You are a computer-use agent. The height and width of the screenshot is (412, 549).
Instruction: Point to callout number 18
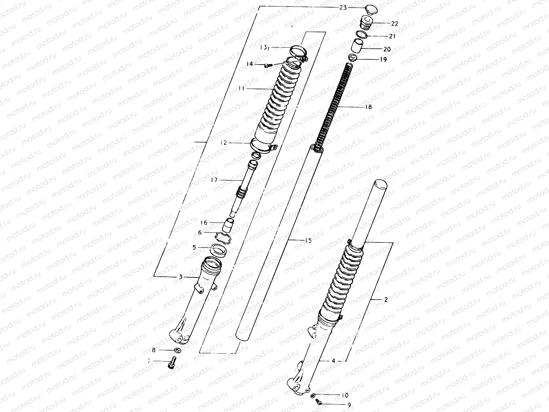[368, 107]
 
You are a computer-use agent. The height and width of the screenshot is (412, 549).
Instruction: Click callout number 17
[214, 179]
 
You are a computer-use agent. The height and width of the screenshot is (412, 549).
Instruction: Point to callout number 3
[181, 277]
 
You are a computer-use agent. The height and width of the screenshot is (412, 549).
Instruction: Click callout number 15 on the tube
[308, 241]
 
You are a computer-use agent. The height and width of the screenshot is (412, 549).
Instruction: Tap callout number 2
[386, 300]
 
